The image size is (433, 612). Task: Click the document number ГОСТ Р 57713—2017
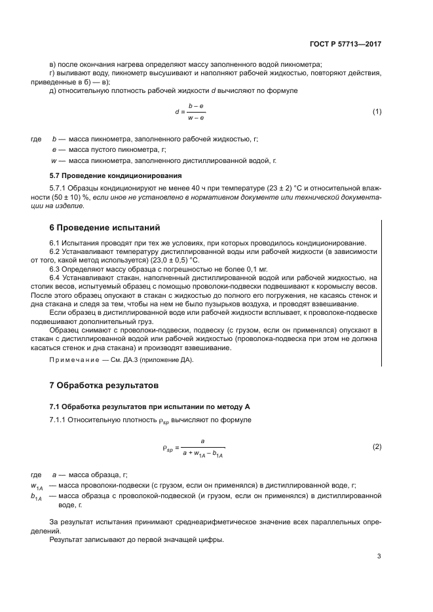[345, 45]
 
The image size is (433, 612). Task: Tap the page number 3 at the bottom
[379, 556]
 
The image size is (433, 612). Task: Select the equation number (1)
[377, 111]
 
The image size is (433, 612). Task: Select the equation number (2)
[377, 447]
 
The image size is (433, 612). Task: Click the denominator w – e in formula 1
[196, 118]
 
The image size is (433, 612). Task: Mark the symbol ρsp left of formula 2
[168, 448]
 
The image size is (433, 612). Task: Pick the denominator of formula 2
[203, 454]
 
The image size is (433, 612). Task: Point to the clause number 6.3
[56, 269]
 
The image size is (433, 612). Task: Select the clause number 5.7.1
[59, 188]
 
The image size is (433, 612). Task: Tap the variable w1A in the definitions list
[37, 486]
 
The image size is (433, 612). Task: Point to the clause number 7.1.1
[60, 419]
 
